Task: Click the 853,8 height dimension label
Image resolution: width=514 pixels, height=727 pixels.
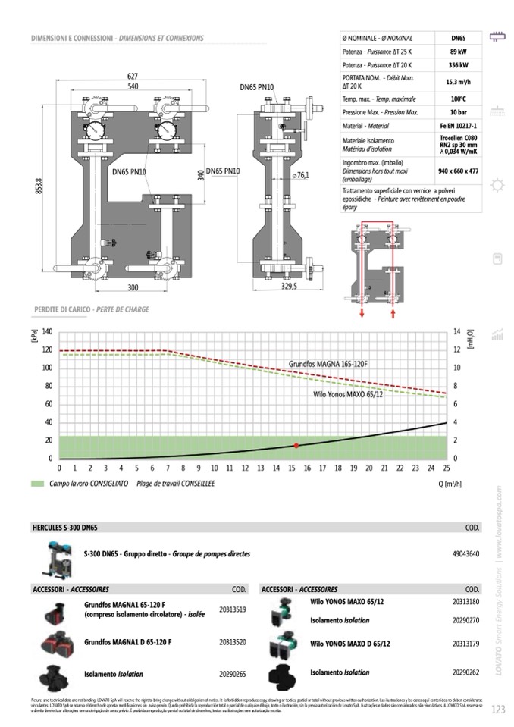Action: [x=39, y=185]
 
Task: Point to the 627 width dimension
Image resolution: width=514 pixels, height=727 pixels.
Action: [x=133, y=76]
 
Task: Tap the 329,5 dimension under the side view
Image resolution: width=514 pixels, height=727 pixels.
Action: [x=289, y=287]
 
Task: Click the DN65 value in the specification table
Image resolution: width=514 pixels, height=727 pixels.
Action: [x=458, y=37]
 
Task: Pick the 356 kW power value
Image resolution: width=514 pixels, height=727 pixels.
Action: [x=458, y=65]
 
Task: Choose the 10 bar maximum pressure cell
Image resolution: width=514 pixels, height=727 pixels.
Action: [x=458, y=112]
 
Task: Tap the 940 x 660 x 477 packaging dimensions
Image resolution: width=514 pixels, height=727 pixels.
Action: [x=458, y=171]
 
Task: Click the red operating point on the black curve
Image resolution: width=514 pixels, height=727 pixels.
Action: [x=296, y=446]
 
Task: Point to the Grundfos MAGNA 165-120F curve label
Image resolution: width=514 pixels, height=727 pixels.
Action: [x=328, y=364]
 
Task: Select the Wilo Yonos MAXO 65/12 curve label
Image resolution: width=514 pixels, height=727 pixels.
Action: [x=348, y=394]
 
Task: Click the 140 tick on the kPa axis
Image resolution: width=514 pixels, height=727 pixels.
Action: [x=47, y=332]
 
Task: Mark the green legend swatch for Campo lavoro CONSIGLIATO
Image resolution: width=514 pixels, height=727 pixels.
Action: [x=37, y=483]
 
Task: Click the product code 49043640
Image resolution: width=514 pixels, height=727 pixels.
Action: [x=465, y=554]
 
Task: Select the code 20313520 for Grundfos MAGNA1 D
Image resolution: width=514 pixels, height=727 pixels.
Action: [x=232, y=642]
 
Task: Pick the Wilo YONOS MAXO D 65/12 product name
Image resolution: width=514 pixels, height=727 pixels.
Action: [x=350, y=643]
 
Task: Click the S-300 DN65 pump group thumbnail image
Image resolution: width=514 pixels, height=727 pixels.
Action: [x=57, y=558]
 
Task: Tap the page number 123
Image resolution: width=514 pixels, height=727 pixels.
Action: [x=498, y=709]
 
